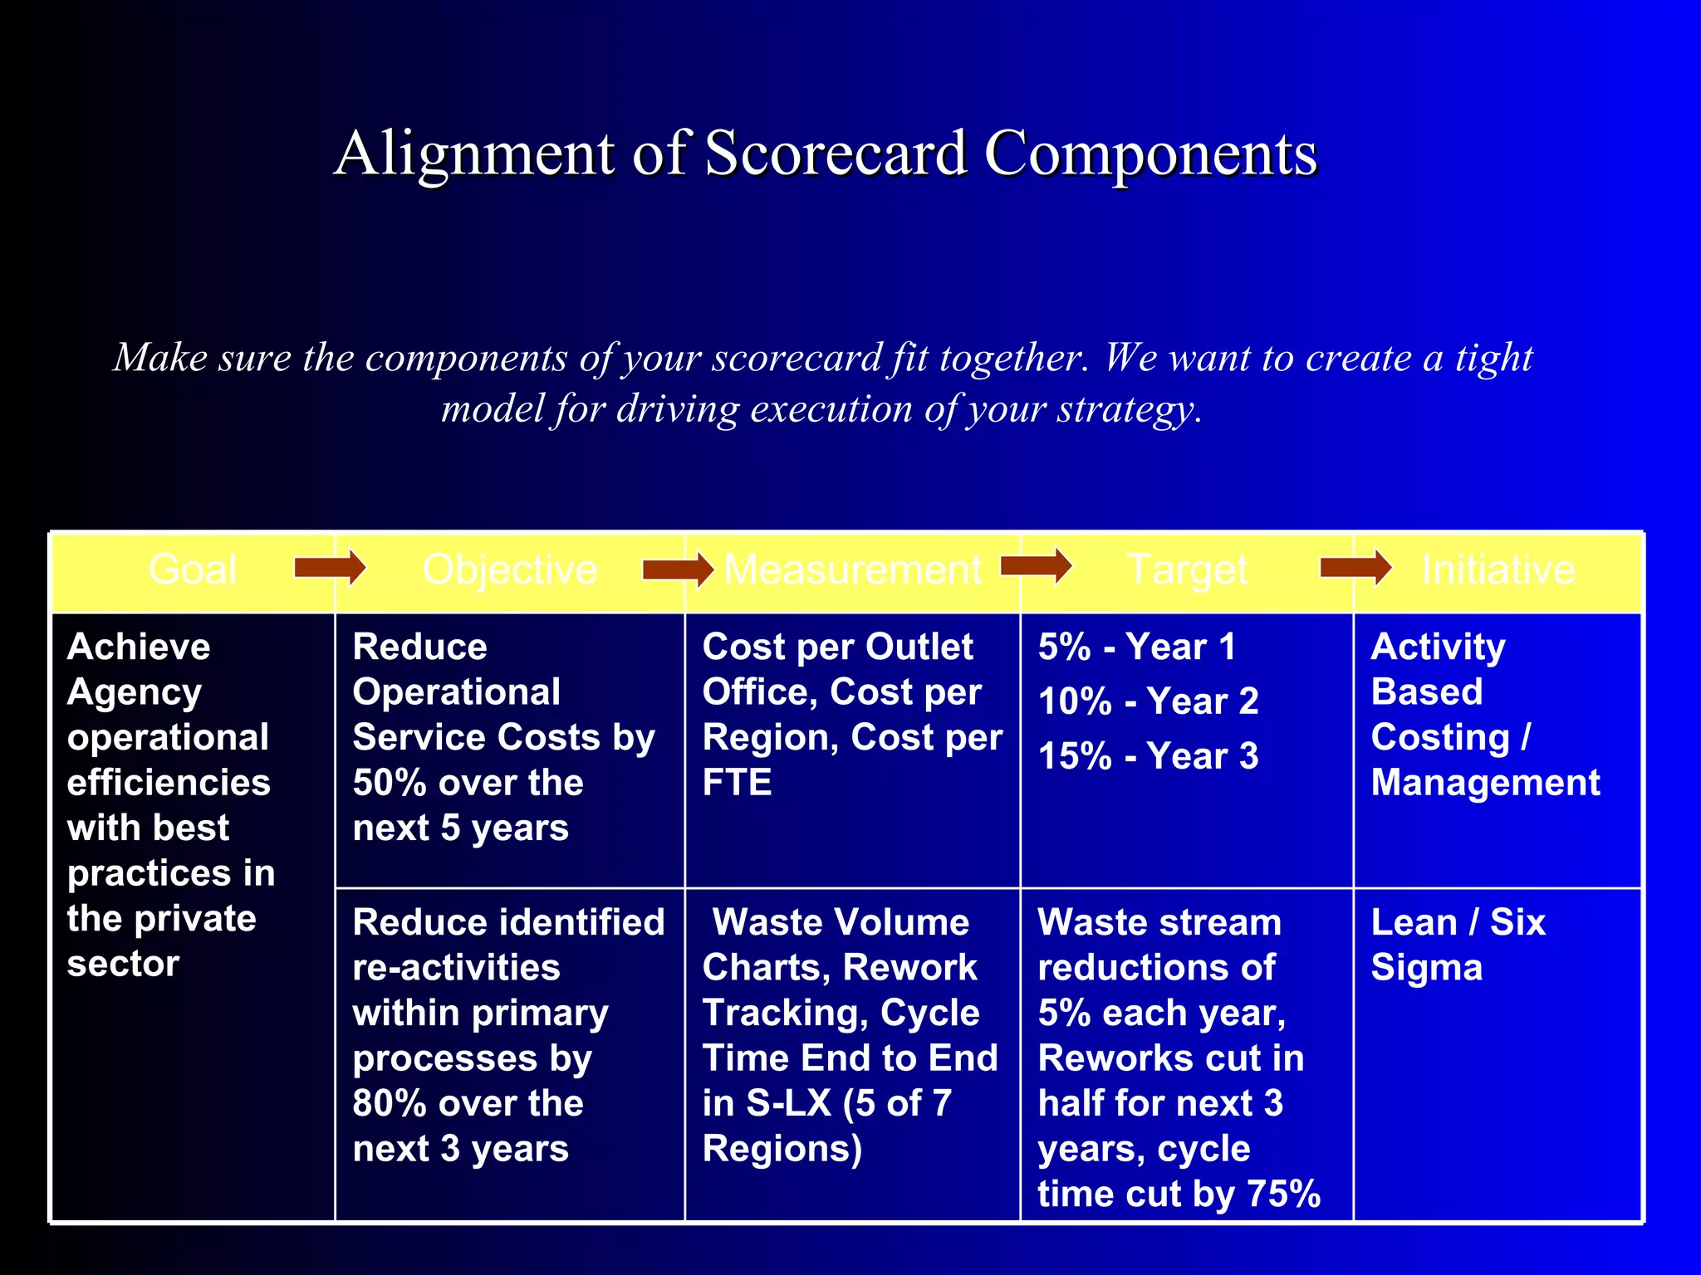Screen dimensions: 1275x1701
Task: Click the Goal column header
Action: point(193,570)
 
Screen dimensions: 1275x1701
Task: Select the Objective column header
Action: point(509,570)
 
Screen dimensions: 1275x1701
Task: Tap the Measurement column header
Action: point(853,570)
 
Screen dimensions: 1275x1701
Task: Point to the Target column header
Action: point(1187,570)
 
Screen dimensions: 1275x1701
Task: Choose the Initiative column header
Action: point(1498,570)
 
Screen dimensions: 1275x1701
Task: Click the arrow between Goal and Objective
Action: point(330,569)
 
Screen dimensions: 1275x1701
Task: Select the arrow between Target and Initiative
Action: point(1355,569)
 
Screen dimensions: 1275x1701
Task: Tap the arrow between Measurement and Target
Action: point(1036,566)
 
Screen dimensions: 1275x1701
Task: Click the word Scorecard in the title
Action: point(836,154)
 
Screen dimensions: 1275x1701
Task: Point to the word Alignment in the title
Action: point(474,155)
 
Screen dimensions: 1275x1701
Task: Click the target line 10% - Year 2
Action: point(1148,702)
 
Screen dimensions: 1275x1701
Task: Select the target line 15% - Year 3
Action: point(1148,756)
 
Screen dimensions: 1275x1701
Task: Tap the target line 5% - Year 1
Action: point(1136,647)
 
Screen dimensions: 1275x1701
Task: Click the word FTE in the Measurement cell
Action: point(737,783)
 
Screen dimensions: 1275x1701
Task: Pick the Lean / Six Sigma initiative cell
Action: point(1458,945)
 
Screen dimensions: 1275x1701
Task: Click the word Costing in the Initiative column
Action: point(1440,738)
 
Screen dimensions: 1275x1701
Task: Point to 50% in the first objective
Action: point(388,783)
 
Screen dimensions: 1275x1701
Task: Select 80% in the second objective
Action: point(388,1104)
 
